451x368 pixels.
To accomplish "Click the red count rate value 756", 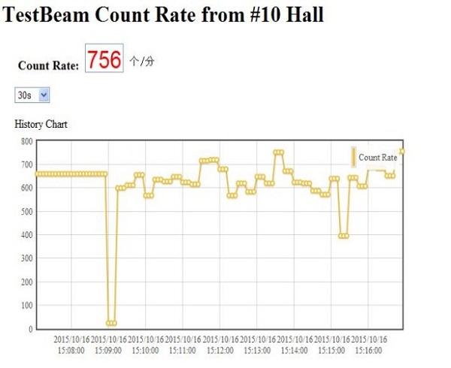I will (x=104, y=60).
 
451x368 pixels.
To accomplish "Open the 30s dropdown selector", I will (x=32, y=95).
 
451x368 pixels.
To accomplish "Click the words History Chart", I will (x=41, y=124).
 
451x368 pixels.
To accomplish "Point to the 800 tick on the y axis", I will (x=26, y=140).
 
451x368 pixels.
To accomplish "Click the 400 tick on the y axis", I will (x=26, y=235).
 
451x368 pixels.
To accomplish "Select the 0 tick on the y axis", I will (x=29, y=329).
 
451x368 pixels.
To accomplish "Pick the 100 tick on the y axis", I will (x=26, y=306).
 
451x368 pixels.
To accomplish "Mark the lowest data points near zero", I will (x=111, y=323).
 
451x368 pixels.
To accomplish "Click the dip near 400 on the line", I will (x=344, y=236).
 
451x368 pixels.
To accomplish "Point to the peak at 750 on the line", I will (x=279, y=152).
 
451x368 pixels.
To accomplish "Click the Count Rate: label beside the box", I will (x=48, y=66).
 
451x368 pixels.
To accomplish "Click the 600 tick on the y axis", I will (x=26, y=188).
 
